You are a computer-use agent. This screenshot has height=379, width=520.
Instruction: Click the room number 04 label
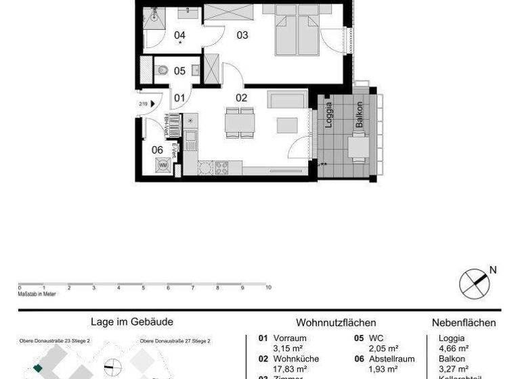[x=179, y=35]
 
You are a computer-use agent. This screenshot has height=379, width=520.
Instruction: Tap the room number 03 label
[x=242, y=35]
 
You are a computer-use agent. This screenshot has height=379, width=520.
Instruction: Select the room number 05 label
[x=179, y=70]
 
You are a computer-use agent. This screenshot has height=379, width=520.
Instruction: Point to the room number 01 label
[x=179, y=98]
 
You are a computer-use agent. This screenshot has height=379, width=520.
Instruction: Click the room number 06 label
[x=157, y=150]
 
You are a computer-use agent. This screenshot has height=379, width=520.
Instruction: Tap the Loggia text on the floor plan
[x=328, y=115]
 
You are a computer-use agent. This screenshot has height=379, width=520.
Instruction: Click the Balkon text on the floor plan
[x=359, y=115]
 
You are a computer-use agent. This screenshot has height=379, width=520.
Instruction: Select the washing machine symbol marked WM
[x=162, y=164]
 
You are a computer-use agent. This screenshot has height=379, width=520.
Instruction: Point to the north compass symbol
[x=474, y=283]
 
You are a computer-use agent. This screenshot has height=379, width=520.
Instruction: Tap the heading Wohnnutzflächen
[x=336, y=323]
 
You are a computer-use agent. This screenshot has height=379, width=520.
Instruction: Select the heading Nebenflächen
[x=464, y=323]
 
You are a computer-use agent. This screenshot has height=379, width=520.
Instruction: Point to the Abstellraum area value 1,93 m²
[x=383, y=370]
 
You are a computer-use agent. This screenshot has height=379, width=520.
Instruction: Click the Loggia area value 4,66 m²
[x=454, y=349]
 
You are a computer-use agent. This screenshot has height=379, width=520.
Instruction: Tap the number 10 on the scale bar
[x=268, y=288]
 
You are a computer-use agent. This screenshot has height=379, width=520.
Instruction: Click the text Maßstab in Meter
[x=37, y=294]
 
